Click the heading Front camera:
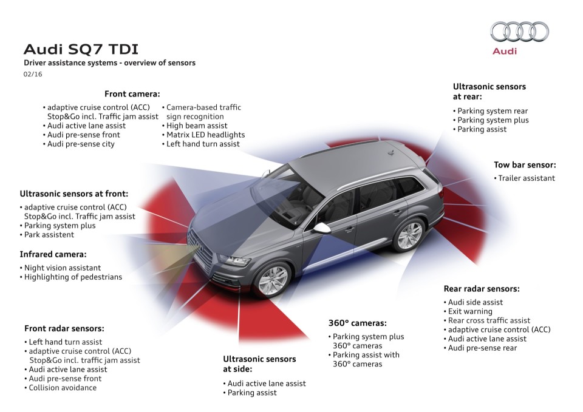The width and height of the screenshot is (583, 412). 132,94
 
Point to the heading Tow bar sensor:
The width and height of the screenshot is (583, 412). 525,164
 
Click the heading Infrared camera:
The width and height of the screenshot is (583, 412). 53,254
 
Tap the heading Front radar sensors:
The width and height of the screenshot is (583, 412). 64,328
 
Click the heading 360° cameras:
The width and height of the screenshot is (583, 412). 357,323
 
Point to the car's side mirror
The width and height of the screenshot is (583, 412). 321,228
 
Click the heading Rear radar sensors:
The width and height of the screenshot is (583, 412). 481,289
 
